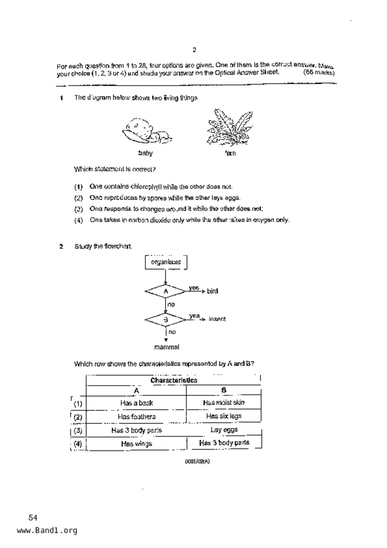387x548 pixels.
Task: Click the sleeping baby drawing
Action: [146, 131]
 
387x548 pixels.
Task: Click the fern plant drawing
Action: [230, 128]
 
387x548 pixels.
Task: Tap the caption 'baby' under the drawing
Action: [145, 153]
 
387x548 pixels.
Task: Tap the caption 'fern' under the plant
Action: [230, 153]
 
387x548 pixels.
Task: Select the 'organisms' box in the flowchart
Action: [166, 262]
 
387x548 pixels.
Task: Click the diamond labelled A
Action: [166, 291]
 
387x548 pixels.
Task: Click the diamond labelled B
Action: [166, 320]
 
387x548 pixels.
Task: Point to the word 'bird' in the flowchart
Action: [212, 291]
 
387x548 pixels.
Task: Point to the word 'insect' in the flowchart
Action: [217, 319]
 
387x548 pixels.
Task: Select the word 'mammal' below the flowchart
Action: [166, 347]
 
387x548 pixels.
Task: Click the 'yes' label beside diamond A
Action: [194, 288]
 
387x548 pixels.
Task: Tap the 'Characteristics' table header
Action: [174, 380]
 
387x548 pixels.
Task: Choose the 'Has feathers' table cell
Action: [136, 416]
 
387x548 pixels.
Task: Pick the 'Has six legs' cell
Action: [224, 416]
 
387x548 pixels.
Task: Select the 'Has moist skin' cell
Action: [224, 403]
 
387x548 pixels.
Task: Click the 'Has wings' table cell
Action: [136, 444]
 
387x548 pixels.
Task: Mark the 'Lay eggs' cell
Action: [224, 430]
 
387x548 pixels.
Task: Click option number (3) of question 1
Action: [78, 209]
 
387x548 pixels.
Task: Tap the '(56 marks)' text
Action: [319, 73]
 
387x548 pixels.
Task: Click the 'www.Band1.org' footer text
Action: [47, 531]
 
